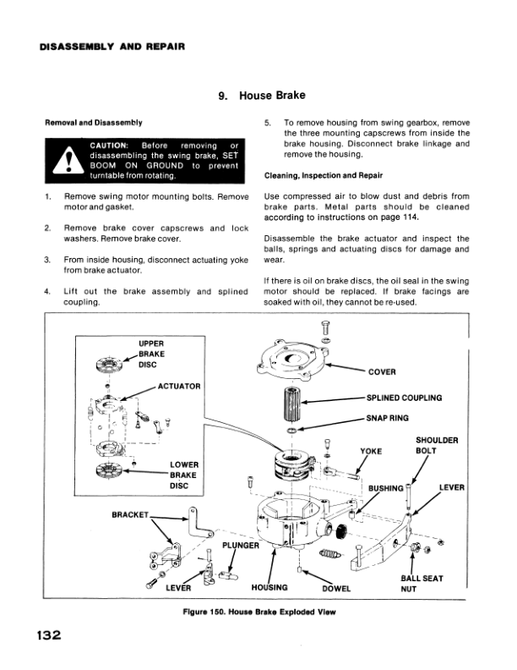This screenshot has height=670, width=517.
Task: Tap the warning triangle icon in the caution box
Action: [x=66, y=163]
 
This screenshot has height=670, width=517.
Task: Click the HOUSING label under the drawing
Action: [x=270, y=586]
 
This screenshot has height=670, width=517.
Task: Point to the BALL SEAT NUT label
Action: [x=420, y=583]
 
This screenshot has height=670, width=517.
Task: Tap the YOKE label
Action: [x=372, y=451]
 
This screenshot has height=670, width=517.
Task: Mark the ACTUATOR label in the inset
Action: [x=178, y=387]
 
